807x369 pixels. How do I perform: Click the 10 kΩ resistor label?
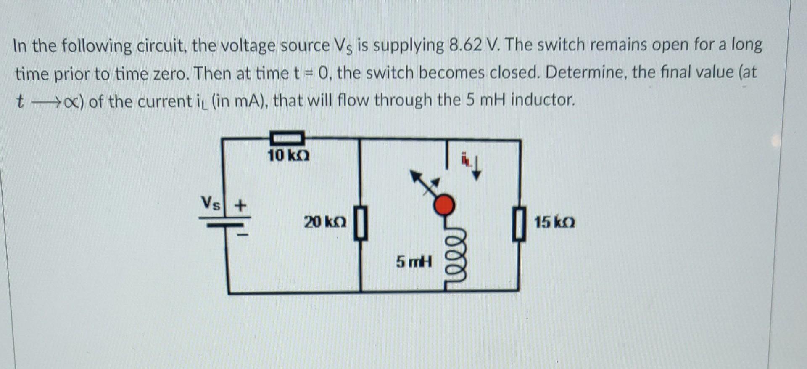pos(288,156)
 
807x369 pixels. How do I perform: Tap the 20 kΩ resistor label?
pos(325,222)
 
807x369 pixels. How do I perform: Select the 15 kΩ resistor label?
pos(554,222)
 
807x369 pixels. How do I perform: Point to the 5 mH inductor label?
pos(414,262)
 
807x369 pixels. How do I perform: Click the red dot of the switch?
pos(444,205)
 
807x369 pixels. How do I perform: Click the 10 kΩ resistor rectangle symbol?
pos(287,137)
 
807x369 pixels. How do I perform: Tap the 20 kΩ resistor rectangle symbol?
pos(361,223)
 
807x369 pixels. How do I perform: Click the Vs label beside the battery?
pos(210,203)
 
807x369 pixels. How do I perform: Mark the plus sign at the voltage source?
pos(240,206)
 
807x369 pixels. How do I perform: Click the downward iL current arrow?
pos(476,168)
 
